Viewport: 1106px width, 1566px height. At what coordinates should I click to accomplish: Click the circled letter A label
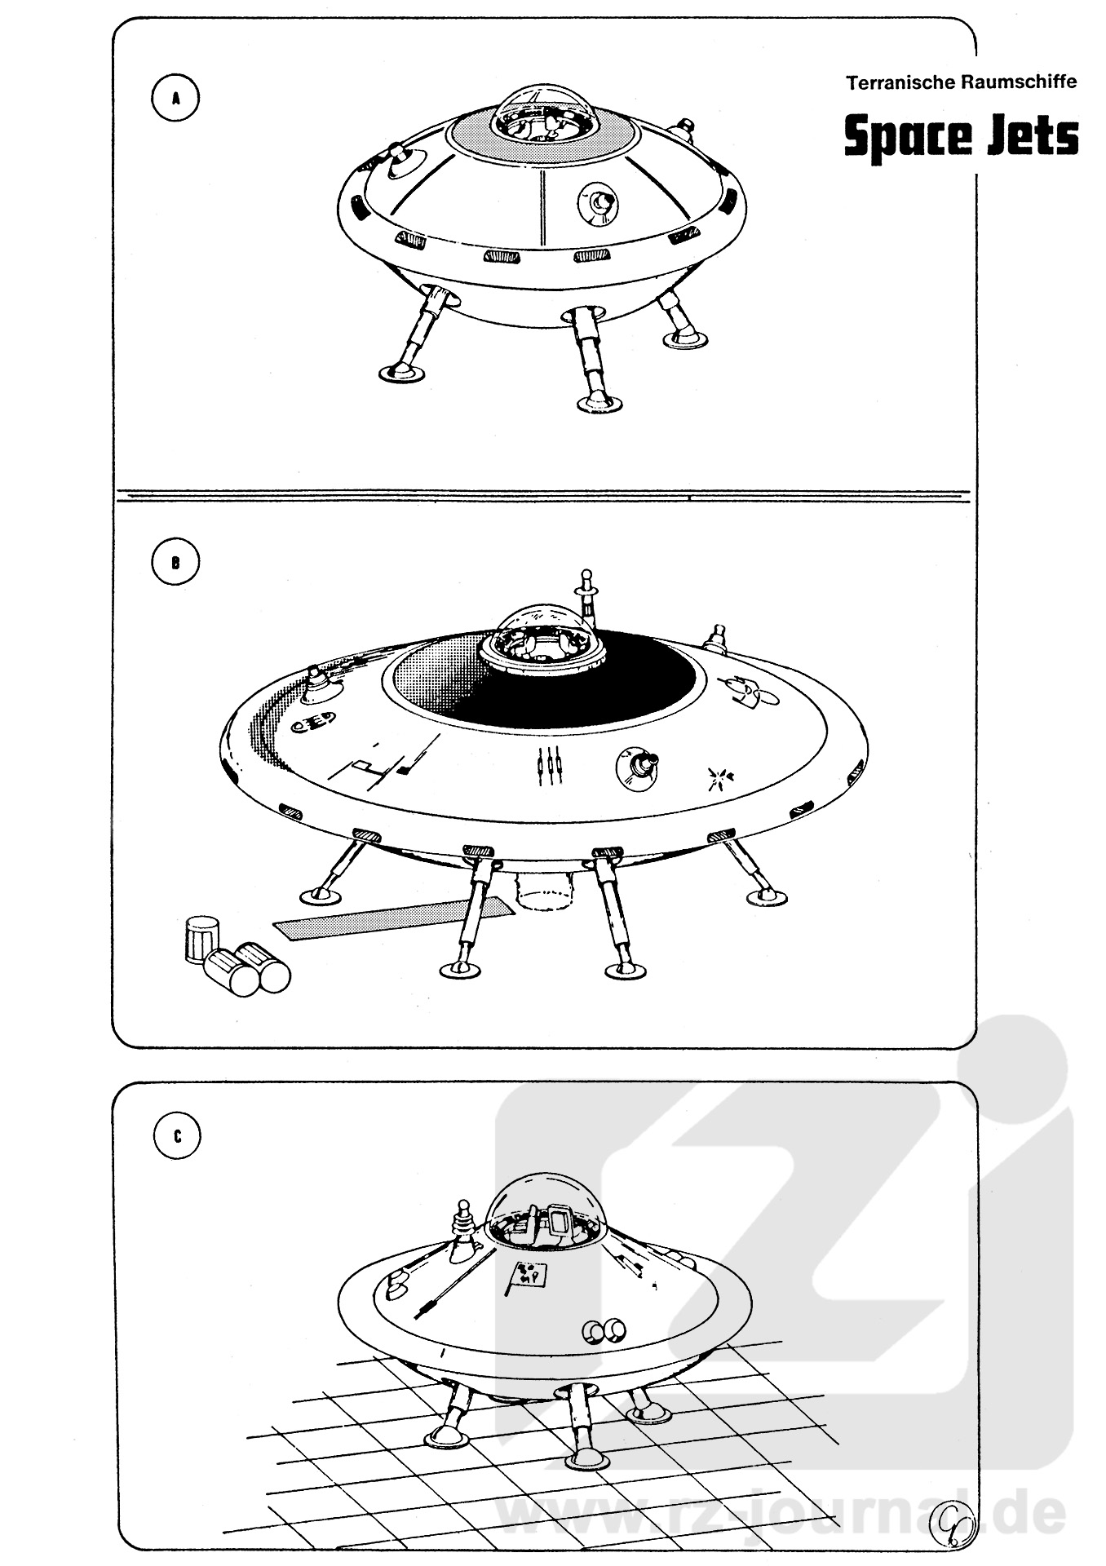click(175, 98)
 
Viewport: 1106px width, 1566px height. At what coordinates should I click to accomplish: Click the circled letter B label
click(175, 561)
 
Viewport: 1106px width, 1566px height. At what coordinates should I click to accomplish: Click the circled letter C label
click(177, 1136)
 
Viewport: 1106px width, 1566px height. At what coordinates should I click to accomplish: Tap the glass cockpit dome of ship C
click(547, 1216)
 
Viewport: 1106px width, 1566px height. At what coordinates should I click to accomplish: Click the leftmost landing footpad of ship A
click(404, 374)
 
